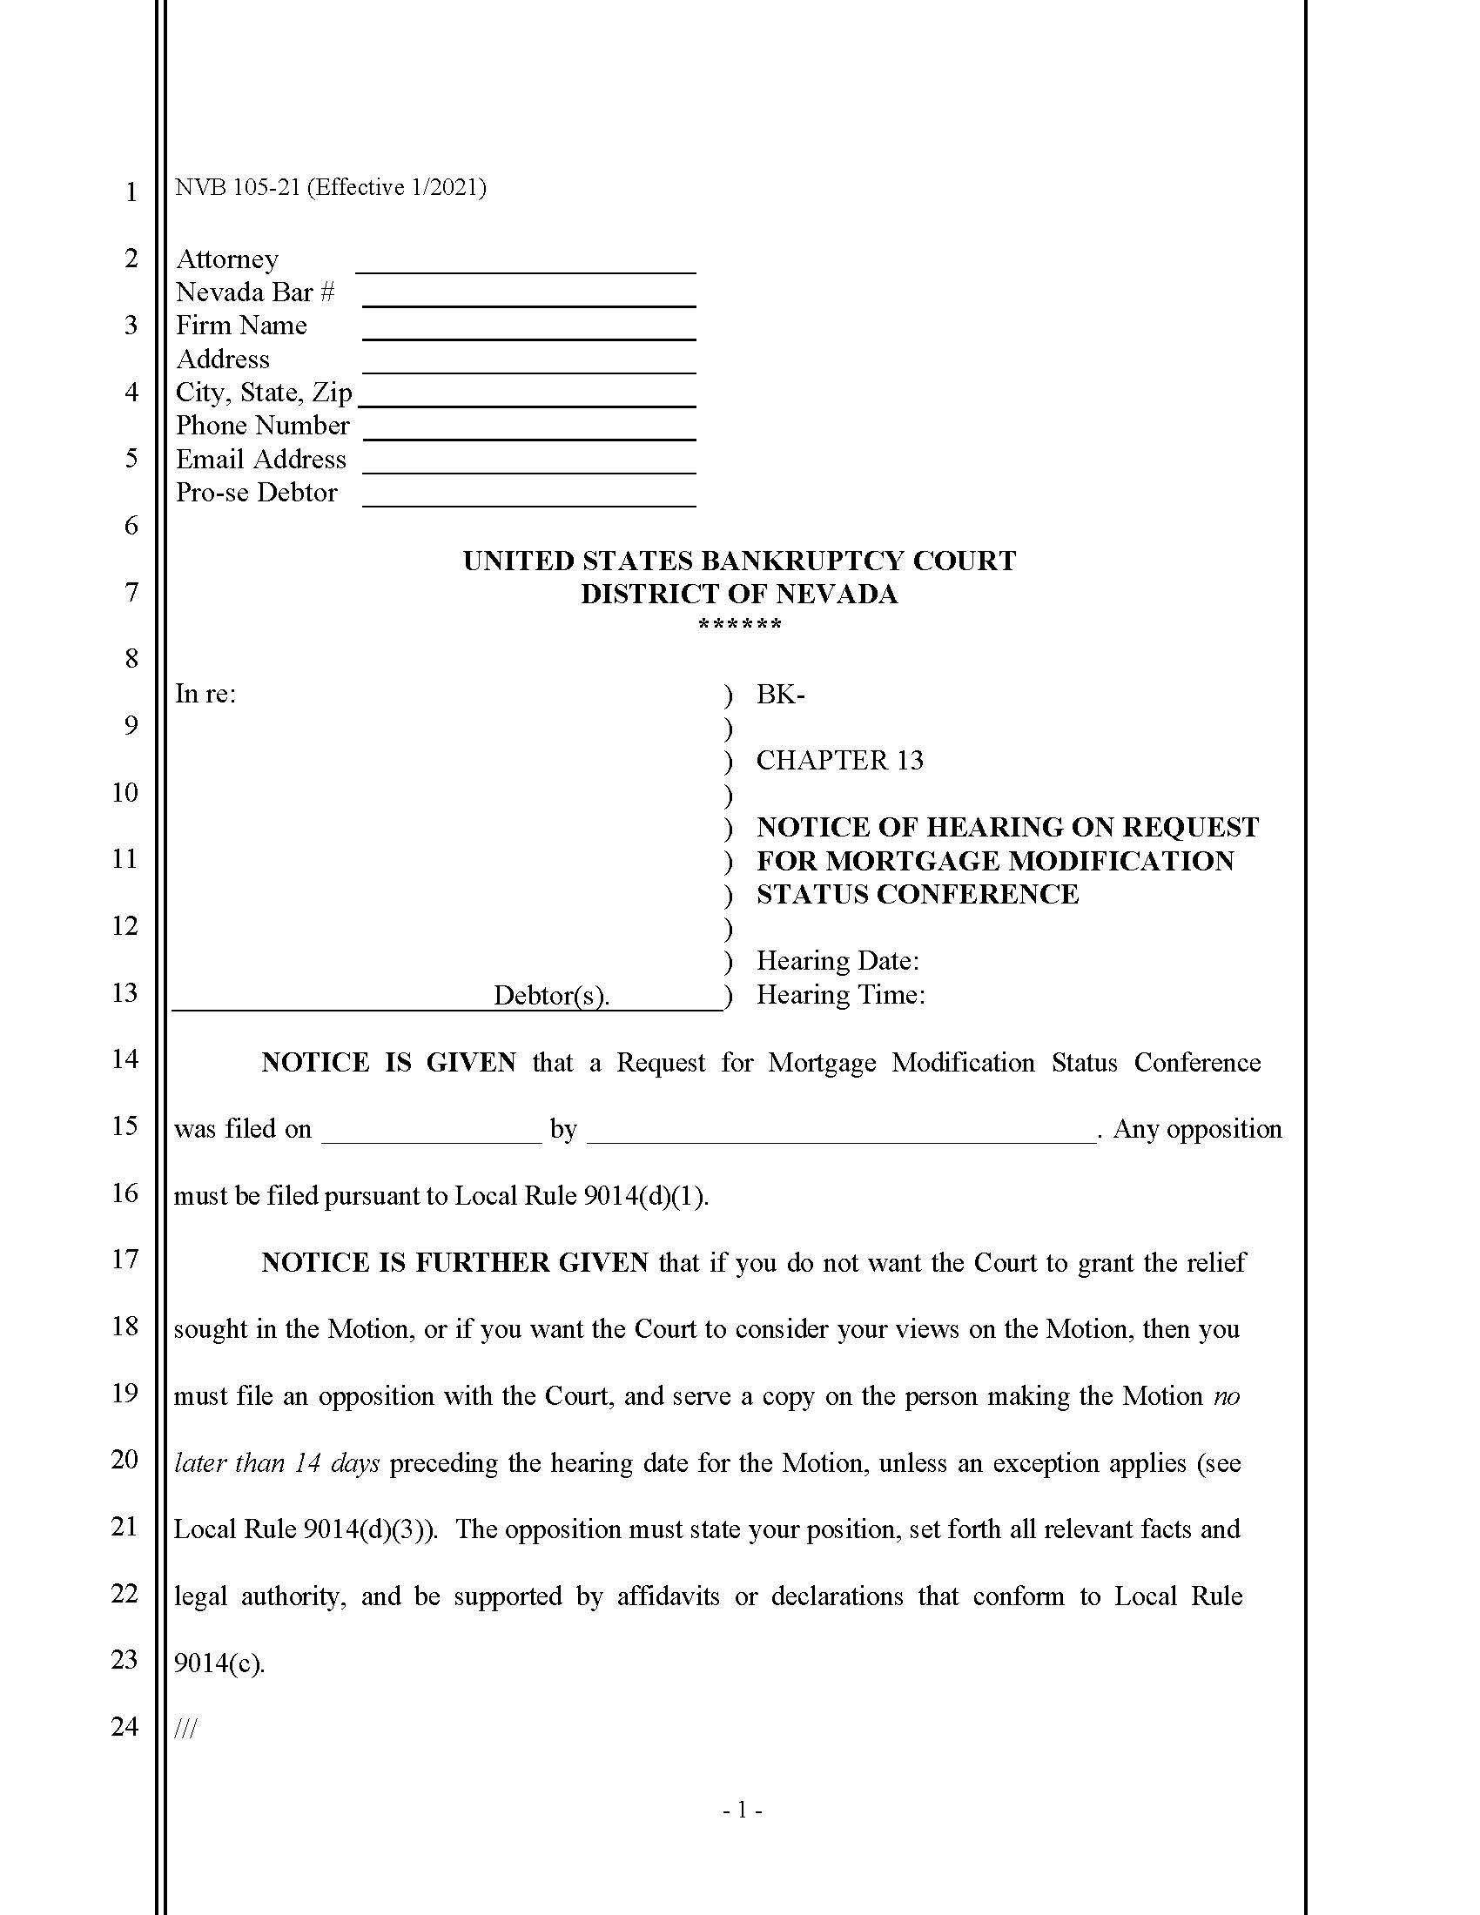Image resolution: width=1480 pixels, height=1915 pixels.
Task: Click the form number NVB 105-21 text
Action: click(330, 188)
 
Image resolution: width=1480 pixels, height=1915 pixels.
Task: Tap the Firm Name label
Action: click(241, 326)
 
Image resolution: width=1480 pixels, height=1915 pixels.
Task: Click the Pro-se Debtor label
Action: click(256, 493)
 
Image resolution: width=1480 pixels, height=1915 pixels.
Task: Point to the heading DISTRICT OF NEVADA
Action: click(739, 594)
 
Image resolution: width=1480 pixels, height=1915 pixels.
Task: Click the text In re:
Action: click(205, 694)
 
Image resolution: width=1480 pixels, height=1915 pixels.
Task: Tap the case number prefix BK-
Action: click(780, 695)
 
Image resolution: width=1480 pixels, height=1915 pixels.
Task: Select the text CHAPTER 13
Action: click(839, 760)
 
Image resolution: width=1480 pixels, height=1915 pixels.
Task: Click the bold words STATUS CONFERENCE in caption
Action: click(917, 894)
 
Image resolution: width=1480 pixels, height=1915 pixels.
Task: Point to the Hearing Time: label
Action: click(840, 995)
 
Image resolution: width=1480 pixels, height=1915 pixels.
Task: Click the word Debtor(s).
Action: click(550, 995)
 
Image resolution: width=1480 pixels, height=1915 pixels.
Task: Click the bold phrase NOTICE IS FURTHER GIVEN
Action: click(454, 1263)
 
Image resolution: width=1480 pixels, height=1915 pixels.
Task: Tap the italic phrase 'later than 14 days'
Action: click(277, 1463)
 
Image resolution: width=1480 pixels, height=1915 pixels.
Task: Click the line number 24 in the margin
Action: click(124, 1727)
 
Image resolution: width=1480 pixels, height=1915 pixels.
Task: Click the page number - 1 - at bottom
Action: click(742, 1810)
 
